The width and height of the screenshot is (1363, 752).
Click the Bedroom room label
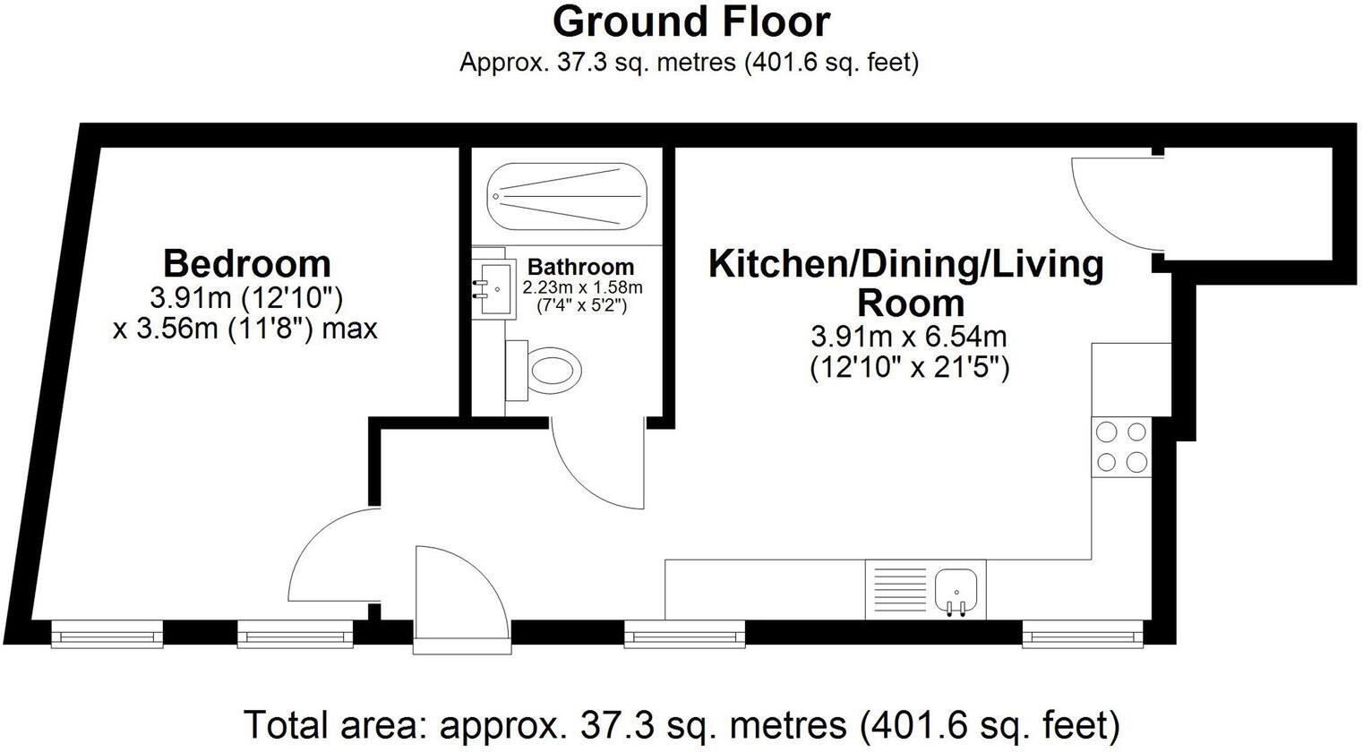coord(247,263)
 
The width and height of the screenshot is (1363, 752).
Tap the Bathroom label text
coord(580,267)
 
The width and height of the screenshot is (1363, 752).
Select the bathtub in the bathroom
coord(567,197)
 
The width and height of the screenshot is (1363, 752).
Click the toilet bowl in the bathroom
coord(553,370)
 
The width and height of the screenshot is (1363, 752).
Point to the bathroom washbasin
coord(494,289)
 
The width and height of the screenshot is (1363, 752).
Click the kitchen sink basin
coord(956,589)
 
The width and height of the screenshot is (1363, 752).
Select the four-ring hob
coord(1121,448)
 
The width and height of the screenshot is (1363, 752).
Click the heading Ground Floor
coord(690,22)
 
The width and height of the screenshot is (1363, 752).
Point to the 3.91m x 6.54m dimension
coord(909,336)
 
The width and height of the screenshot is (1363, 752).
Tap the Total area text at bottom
coord(681,724)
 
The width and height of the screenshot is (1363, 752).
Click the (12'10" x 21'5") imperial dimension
coord(910,368)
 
